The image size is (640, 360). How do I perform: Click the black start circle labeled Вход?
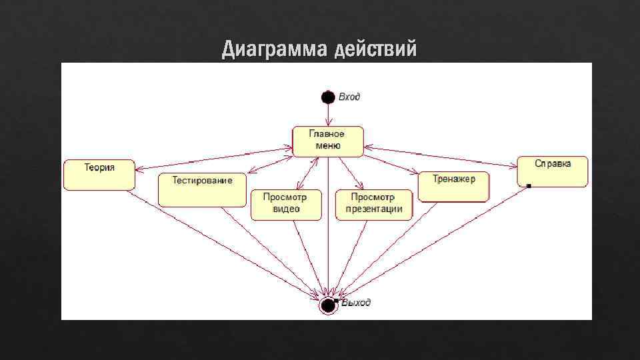point(327,97)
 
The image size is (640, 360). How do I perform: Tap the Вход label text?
point(349,97)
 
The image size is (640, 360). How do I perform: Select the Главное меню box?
point(328,141)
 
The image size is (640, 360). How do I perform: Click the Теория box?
point(99,175)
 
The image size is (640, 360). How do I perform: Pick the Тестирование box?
point(202,189)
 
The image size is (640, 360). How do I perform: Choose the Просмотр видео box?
point(285,204)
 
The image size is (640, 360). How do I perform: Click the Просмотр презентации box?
point(373,204)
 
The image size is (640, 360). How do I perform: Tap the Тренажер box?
point(453,186)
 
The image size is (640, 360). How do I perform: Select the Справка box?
point(553,171)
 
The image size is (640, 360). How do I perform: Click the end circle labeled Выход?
point(327,305)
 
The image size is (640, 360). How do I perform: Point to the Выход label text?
point(356,303)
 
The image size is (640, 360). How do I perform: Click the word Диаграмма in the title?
point(274,49)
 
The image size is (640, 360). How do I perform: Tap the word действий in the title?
point(376,49)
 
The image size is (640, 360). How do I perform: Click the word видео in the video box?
point(286,209)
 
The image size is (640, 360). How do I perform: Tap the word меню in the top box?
point(327,145)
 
